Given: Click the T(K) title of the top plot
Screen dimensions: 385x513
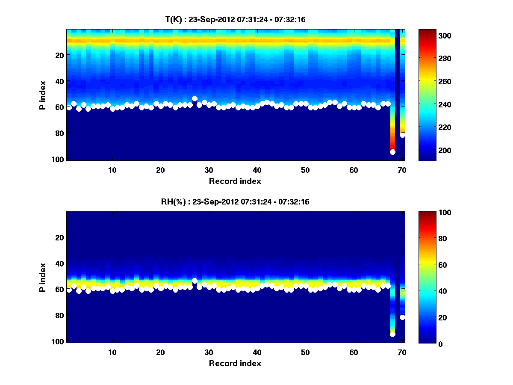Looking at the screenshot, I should (235, 19).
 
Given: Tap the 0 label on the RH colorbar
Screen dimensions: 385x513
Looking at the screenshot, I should (425, 344).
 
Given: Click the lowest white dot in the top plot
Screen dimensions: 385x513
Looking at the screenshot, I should (392, 152).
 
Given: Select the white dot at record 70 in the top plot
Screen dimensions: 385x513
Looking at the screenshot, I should (402, 135).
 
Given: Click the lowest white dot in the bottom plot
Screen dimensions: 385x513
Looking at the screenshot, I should (392, 334).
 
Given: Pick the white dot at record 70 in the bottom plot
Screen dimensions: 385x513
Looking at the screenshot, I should (402, 317).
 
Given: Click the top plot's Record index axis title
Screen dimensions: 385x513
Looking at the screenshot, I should (235, 181).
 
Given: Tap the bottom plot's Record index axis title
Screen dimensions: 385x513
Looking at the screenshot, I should (235, 363).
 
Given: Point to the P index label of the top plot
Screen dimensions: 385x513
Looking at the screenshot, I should (43, 95).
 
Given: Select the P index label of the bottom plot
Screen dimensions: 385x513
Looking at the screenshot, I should (43, 277).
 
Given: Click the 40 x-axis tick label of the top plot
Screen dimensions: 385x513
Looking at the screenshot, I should (257, 170).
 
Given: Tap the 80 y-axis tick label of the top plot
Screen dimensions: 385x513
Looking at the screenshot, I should (59, 133).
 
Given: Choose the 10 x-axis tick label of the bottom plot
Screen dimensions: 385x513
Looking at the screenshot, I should (112, 352).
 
